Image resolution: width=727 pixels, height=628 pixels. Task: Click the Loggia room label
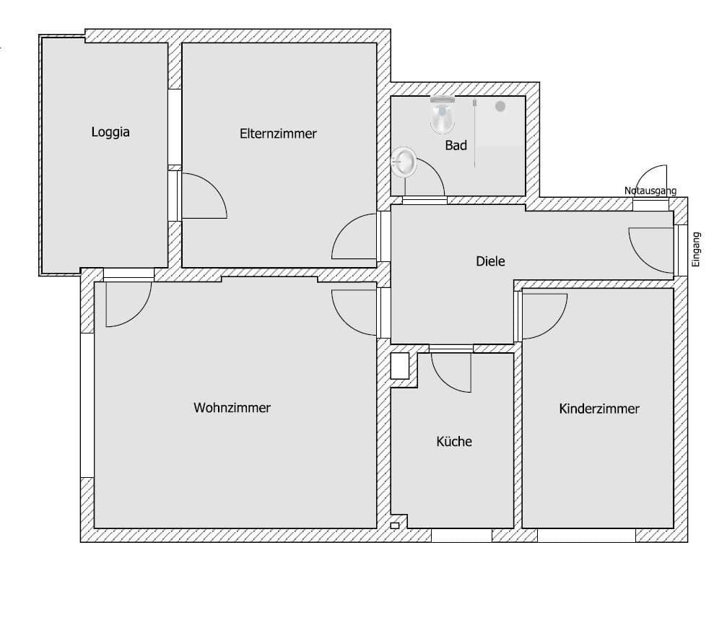110,132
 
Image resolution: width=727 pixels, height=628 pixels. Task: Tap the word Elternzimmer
278,134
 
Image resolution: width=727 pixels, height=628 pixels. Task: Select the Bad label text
456,145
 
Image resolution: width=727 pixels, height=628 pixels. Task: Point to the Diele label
490,261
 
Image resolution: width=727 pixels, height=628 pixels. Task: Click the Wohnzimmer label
232,408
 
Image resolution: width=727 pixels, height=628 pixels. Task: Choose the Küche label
454,441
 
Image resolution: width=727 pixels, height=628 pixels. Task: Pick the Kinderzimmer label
599,409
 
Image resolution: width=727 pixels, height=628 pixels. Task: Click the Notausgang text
650,191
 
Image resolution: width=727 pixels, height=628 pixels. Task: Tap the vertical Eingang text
696,249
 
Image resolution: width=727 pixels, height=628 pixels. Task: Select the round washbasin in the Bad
404,162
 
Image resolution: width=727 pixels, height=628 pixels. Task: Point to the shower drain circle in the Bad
500,106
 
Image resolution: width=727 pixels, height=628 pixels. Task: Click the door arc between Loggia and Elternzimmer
205,196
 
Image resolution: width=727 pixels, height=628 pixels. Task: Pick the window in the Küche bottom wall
461,536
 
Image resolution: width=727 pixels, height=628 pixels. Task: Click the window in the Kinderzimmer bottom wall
586,536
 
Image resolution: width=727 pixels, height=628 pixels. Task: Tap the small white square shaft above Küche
400,366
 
